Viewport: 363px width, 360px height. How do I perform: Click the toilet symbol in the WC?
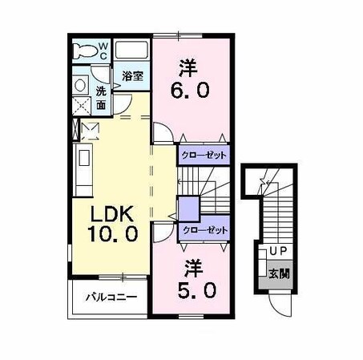tap(84, 51)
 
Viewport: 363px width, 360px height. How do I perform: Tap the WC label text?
tap(103, 51)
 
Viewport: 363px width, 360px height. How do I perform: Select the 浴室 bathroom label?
tap(133, 76)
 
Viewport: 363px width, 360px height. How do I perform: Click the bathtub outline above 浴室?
tap(132, 51)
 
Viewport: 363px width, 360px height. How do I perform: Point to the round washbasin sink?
tap(81, 84)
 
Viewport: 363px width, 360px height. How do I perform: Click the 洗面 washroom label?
tap(101, 97)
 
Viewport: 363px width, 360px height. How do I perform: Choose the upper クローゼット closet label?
tap(204, 156)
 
